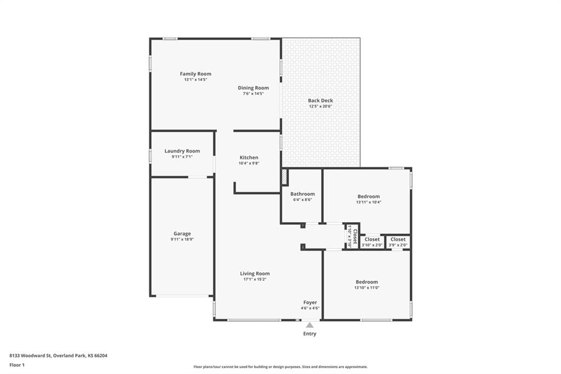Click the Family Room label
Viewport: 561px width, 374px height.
coord(196,74)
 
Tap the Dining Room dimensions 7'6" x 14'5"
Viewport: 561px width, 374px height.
coord(253,93)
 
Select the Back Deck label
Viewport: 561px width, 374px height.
coord(320,101)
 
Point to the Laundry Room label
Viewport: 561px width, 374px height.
coord(182,151)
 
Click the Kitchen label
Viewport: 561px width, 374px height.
coord(249,157)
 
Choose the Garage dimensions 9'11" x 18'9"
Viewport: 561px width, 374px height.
coord(182,239)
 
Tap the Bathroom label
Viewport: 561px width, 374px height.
coord(302,194)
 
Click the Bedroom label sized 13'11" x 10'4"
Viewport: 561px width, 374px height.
coord(369,196)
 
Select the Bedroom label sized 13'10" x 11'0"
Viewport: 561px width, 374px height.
coord(367,282)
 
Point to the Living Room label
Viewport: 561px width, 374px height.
coord(255,274)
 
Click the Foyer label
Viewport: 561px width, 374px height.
coord(310,302)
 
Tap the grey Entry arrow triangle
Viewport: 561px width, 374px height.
coord(310,325)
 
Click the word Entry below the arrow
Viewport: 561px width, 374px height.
coord(310,333)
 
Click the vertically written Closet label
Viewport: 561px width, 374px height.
coord(355,237)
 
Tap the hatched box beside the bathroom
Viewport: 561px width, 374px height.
coord(284,177)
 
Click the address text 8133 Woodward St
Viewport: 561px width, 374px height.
coord(31,356)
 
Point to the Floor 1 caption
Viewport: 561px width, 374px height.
coord(17,365)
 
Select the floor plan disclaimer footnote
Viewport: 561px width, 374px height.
coord(280,367)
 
